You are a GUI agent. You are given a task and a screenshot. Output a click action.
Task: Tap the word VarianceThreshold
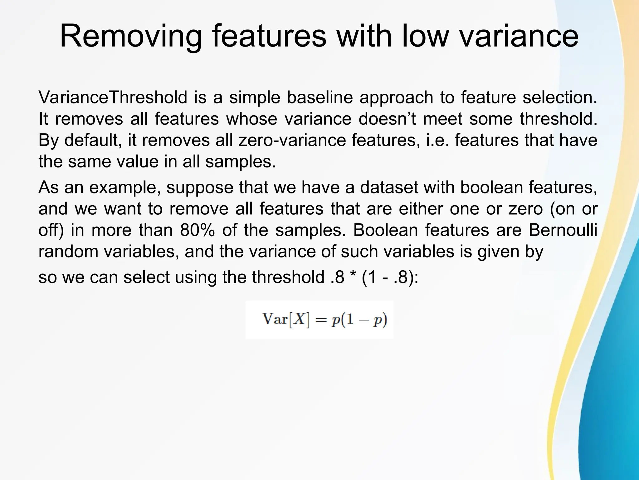point(113,97)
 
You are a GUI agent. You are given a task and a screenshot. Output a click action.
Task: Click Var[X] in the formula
point(286,319)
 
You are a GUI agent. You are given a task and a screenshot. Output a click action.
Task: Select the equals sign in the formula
point(320,320)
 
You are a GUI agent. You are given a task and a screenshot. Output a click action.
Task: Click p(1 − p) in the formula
point(359,320)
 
